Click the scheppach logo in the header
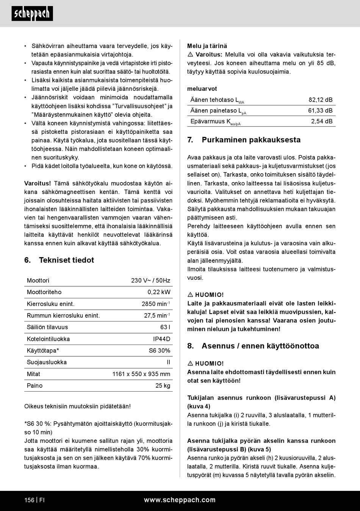(32, 14)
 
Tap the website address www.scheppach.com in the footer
(180, 500)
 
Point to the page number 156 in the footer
(29, 500)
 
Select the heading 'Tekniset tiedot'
(66, 260)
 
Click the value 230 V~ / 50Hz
(150, 281)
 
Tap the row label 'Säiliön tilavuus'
(47, 327)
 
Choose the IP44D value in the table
(161, 339)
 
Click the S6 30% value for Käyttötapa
(159, 351)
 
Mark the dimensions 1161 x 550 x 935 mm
(141, 374)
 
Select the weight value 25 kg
(163, 386)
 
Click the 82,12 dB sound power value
(320, 100)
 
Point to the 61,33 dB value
(320, 111)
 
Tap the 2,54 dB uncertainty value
(322, 121)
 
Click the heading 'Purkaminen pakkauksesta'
(251, 140)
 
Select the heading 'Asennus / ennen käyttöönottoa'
(260, 346)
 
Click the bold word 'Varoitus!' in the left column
(38, 183)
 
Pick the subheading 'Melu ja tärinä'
(207, 46)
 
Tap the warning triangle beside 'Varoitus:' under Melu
(191, 55)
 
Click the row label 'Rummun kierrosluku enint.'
(63, 315)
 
